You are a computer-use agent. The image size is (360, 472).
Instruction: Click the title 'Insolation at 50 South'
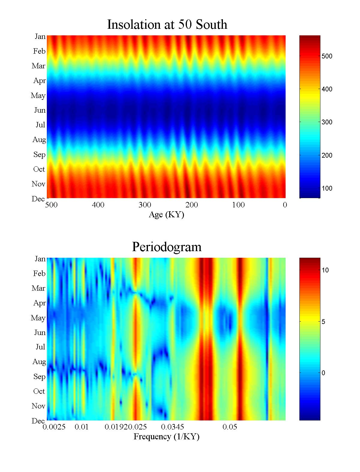(167, 25)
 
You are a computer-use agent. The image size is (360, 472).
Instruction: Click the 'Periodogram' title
(166, 247)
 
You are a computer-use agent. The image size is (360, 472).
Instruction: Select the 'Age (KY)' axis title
(166, 215)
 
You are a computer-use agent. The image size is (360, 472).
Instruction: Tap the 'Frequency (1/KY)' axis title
(166, 437)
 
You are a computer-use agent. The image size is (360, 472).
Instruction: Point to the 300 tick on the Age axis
(145, 205)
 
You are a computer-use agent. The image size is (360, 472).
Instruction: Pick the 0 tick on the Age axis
(285, 205)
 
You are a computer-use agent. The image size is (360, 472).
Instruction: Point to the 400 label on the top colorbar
(327, 89)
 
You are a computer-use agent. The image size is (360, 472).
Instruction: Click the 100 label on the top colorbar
(327, 189)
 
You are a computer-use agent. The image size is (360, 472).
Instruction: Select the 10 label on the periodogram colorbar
(325, 270)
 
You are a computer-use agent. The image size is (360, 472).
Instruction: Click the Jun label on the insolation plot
(40, 110)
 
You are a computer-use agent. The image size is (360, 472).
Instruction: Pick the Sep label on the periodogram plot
(39, 377)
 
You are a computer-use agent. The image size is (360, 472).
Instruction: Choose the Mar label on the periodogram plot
(38, 288)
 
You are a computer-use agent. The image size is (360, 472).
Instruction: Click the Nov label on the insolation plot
(38, 184)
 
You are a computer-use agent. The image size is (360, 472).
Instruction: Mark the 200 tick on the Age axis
(191, 205)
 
